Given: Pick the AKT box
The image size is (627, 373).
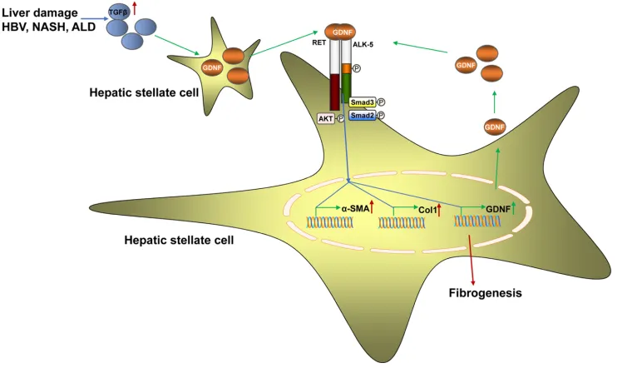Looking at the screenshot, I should tap(326, 118).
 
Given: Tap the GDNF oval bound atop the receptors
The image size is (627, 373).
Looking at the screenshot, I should tap(344, 32).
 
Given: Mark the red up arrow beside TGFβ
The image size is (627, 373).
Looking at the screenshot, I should tap(135, 9).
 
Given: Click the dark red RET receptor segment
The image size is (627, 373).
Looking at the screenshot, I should tap(334, 92).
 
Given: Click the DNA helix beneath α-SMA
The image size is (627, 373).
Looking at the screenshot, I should tap(332, 222).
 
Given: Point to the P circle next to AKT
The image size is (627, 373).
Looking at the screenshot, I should tap(341, 119).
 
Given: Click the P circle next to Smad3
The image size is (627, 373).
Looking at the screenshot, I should tap(381, 102).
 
